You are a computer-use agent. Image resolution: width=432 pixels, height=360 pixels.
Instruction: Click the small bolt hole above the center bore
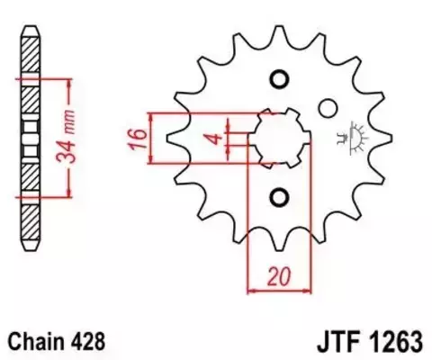[x=277, y=78]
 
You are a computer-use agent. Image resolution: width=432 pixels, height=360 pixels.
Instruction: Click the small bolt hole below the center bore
[x=277, y=197]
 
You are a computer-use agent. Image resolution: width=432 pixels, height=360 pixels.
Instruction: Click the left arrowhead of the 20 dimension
[x=252, y=290]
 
